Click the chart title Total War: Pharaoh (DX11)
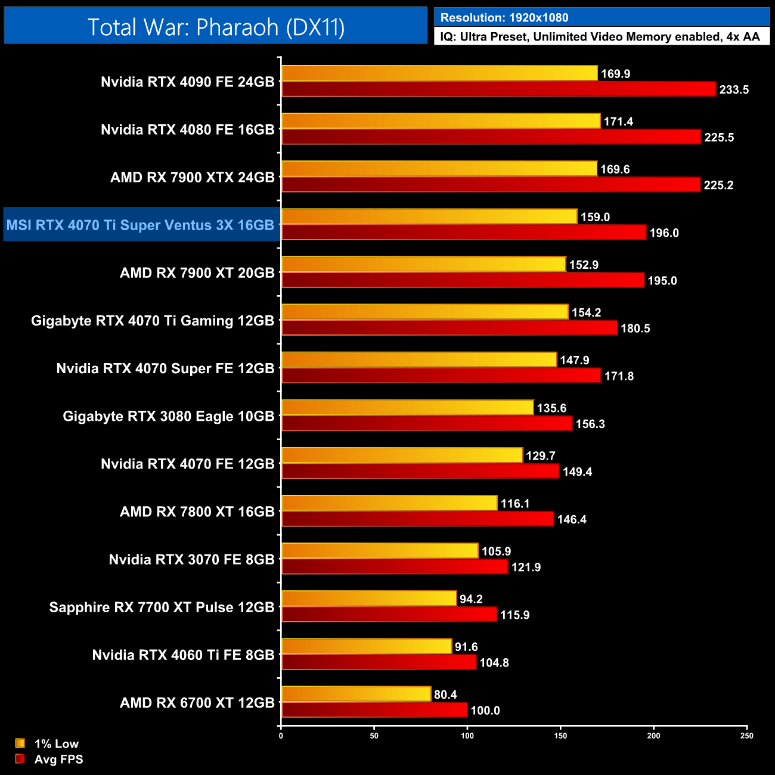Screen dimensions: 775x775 tap(216, 27)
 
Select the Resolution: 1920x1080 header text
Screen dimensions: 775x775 tap(504, 17)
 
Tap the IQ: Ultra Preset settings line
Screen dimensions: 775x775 tap(600, 37)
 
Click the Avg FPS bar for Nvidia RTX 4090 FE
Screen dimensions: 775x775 tap(498, 89)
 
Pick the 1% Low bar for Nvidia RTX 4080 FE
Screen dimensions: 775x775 tap(441, 121)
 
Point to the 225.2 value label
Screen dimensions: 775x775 tap(718, 185)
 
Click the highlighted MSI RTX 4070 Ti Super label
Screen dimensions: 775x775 tap(140, 225)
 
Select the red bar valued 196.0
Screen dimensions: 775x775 tap(464, 232)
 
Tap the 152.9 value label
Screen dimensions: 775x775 tap(584, 265)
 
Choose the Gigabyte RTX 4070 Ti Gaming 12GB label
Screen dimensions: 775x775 tap(153, 321)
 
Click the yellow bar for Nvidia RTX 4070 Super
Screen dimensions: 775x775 tap(419, 359)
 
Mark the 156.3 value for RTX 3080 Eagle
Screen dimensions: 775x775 tap(590, 424)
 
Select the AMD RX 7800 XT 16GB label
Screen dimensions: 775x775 tap(197, 511)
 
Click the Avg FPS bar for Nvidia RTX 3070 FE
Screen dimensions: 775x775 tap(395, 567)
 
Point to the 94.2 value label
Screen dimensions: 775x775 tap(471, 599)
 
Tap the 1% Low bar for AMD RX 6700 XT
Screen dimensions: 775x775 tap(356, 694)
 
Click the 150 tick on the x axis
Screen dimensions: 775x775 tap(560, 736)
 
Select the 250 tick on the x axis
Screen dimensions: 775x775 tap(746, 736)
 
